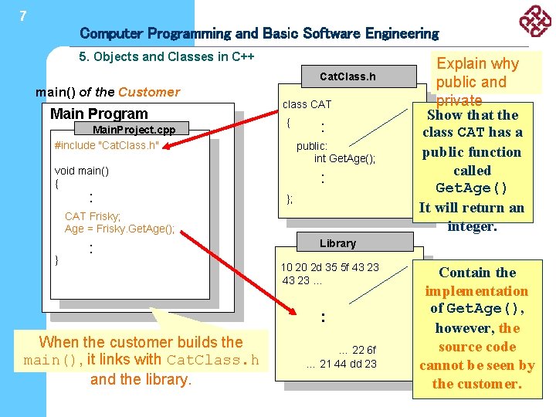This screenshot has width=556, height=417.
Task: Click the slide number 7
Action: click(x=23, y=15)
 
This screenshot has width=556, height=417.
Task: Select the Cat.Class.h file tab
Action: click(x=347, y=76)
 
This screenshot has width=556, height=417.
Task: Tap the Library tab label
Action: click(x=337, y=243)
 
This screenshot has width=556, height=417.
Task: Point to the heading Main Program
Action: click(x=99, y=114)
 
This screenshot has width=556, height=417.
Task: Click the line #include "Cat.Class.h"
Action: click(x=107, y=145)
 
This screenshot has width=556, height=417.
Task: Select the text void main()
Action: click(x=82, y=171)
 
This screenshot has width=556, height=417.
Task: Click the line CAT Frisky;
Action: click(x=93, y=216)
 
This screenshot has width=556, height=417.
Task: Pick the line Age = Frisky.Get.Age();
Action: click(x=120, y=229)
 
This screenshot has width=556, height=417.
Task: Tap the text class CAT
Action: click(x=307, y=104)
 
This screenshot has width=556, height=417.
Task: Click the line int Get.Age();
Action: click(x=344, y=159)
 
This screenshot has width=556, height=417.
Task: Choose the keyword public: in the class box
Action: click(x=312, y=146)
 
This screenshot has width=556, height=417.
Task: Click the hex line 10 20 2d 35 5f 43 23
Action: click(x=330, y=267)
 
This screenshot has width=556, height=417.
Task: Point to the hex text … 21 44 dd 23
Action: click(x=341, y=364)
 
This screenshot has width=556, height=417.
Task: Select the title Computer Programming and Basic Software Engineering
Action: click(x=259, y=33)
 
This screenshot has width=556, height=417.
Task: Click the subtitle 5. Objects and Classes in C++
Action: click(x=167, y=56)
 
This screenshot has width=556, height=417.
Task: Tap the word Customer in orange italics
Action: click(x=148, y=92)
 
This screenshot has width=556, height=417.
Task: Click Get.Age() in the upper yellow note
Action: click(x=472, y=188)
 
